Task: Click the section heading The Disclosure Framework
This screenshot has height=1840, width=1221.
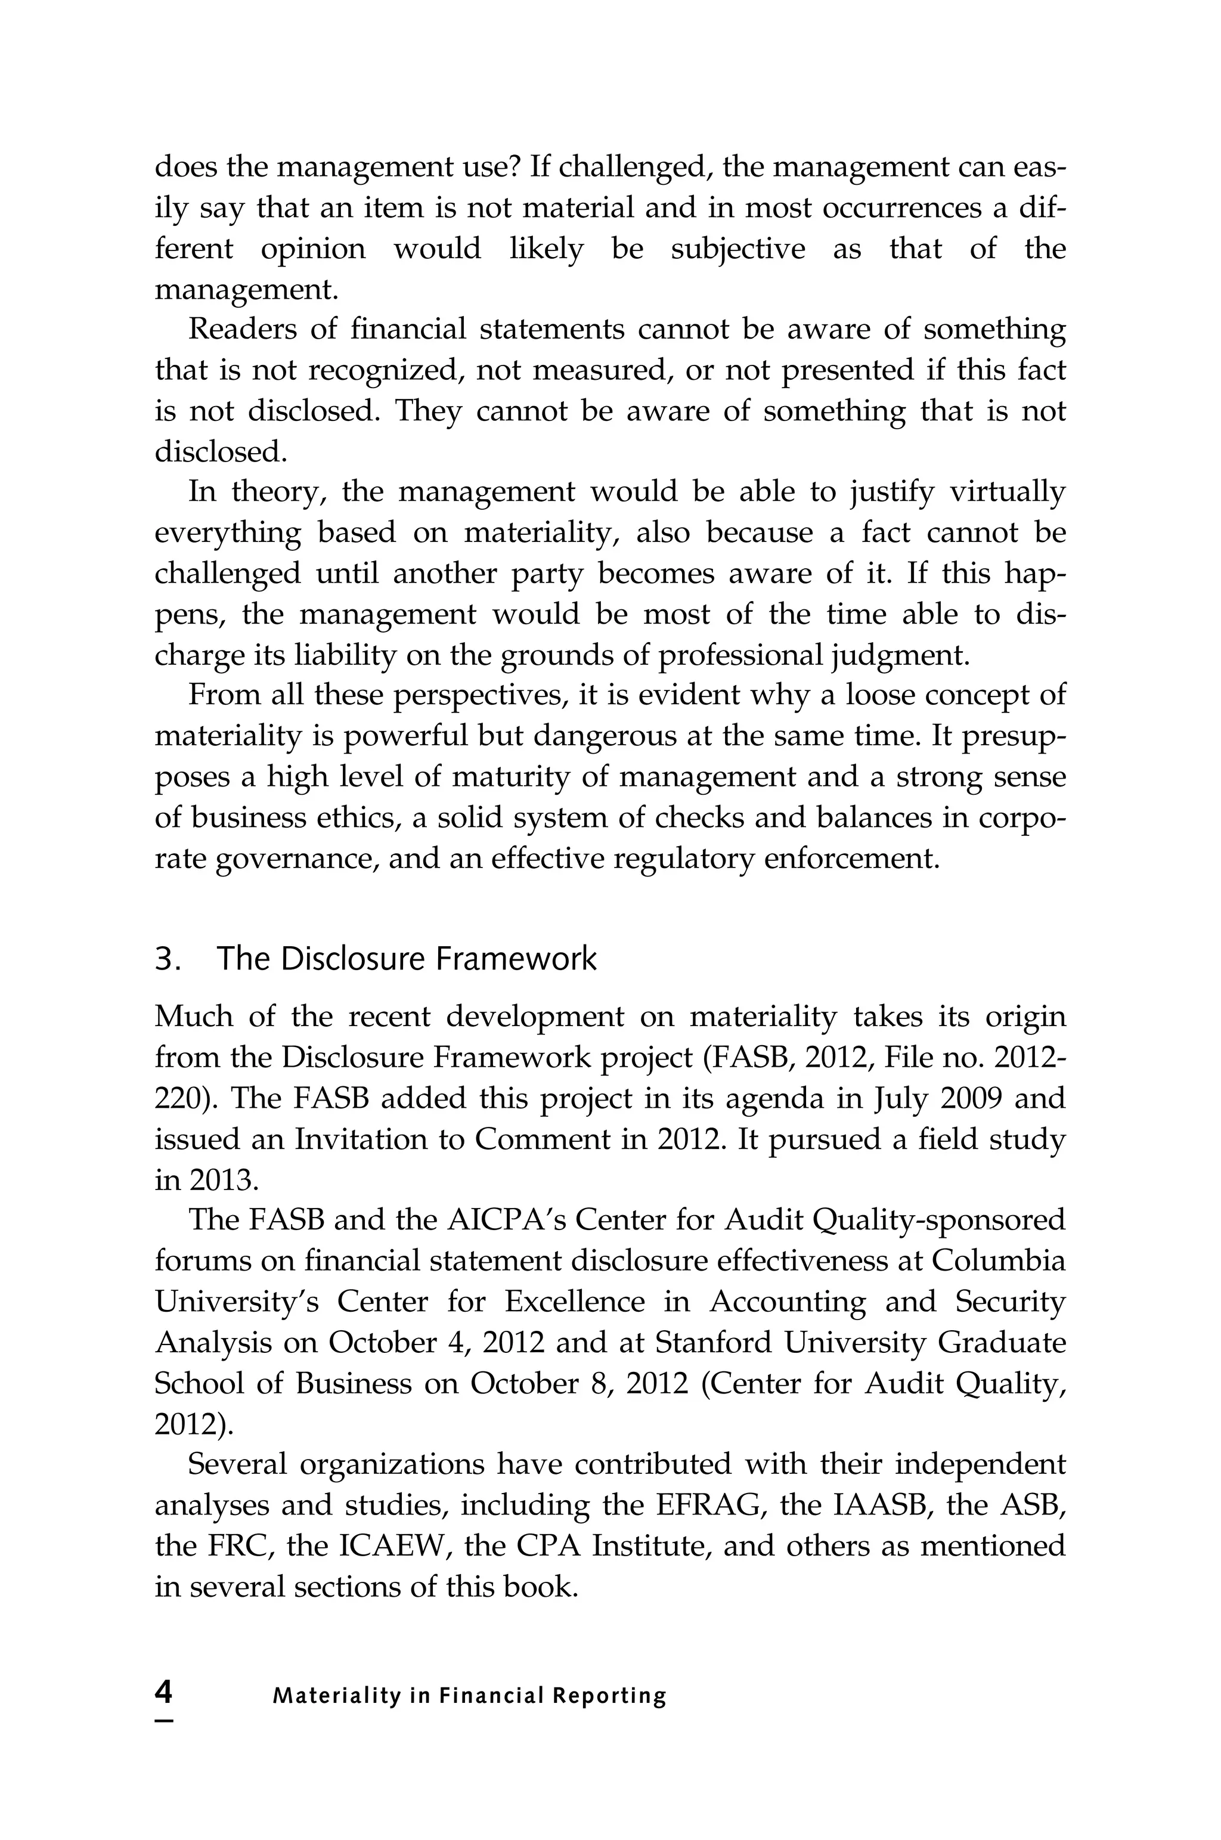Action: point(407,959)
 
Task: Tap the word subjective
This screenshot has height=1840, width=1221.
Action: point(737,249)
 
